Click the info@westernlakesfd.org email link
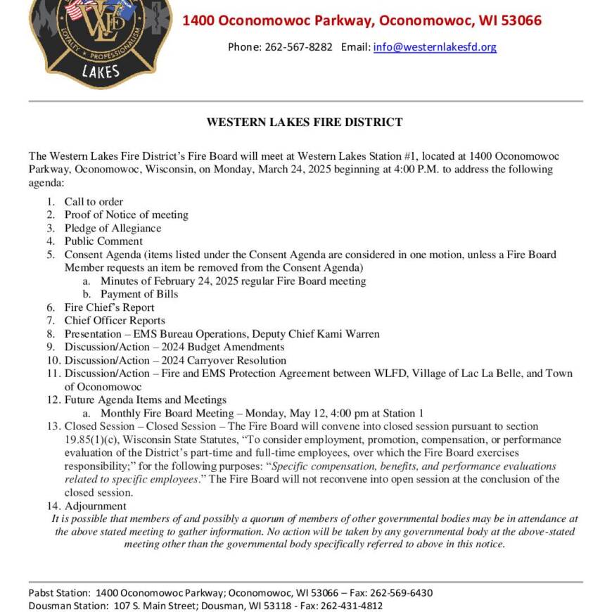click(x=435, y=47)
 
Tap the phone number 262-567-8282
click(x=298, y=47)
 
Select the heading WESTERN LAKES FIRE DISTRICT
click(x=305, y=122)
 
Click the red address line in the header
click(x=362, y=20)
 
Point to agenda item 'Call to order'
click(x=94, y=201)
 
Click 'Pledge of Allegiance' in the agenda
click(x=113, y=228)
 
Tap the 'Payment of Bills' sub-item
click(x=139, y=294)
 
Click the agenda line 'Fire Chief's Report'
click(x=109, y=307)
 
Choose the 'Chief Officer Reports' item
click(x=115, y=321)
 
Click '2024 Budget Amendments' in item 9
click(x=223, y=347)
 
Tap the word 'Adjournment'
click(x=96, y=506)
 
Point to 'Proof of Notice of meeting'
click(x=127, y=215)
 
